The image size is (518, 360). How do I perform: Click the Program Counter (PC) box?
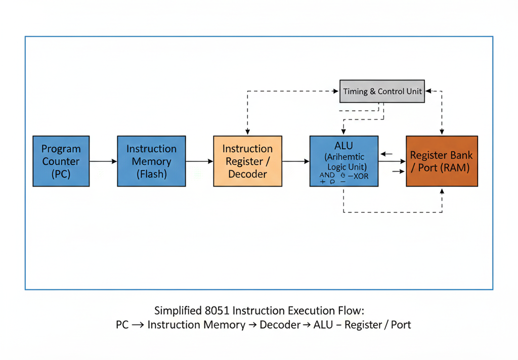61,161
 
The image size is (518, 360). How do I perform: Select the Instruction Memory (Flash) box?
151,161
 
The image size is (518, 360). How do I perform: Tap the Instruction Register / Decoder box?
247,161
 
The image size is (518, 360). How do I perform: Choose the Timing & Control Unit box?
382,92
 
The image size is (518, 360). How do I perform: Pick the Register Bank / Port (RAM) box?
442,161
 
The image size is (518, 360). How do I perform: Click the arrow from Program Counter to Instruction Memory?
103,161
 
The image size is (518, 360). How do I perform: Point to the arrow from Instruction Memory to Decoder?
199,161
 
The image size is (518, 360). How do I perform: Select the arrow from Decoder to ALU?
295,161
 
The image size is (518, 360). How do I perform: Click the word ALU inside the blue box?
343,146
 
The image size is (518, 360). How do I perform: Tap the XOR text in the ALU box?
360,176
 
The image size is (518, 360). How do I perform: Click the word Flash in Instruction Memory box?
151,174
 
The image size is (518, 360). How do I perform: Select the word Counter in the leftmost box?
61,161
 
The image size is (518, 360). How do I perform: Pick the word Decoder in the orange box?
247,174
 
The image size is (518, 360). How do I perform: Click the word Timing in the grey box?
356,92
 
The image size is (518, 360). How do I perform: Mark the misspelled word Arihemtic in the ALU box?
344,157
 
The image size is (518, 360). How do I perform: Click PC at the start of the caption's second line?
122,325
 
